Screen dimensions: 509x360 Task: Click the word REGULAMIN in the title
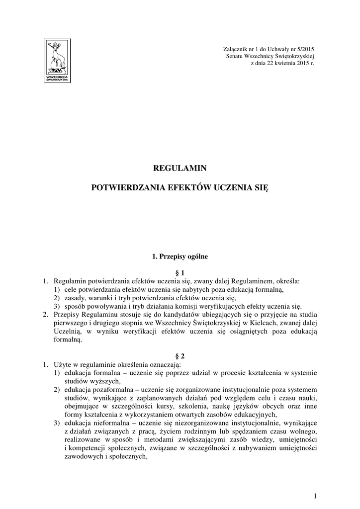pos(180,168)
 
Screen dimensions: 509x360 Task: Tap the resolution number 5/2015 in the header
pos(304,49)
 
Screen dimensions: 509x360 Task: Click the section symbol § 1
pos(180,272)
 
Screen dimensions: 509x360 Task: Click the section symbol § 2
pos(180,356)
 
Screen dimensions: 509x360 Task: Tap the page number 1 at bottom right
pos(315,495)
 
